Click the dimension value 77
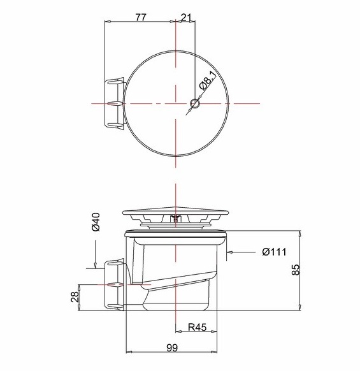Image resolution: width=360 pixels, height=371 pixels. pos(141,17)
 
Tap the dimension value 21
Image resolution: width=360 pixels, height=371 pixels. pos(186,17)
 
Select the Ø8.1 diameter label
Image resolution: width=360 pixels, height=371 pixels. pos(208,80)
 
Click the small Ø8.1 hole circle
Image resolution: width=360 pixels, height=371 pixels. pos(195,103)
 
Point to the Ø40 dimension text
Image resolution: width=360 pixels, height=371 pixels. pos(96,222)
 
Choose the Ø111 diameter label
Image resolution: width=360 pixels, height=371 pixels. pos(274,252)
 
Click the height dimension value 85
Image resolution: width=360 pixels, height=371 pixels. pos(296,270)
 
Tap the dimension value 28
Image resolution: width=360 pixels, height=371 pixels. pos(75,296)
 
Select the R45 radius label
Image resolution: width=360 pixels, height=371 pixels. pos(198,327)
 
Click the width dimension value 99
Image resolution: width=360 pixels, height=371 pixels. pos(172,347)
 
